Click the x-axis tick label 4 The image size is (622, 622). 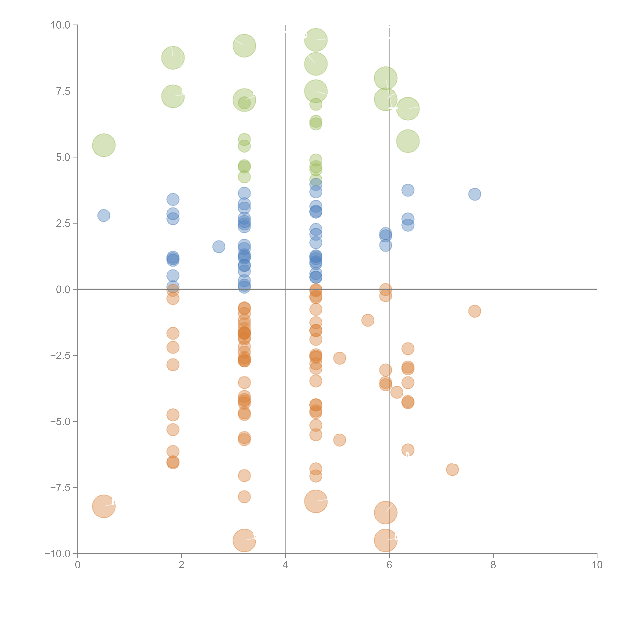285,565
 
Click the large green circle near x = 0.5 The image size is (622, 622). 104,145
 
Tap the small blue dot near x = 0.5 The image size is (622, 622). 104,215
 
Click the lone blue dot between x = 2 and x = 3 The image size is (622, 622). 219,247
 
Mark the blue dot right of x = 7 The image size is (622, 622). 475,194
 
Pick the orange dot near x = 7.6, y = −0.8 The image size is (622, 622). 475,311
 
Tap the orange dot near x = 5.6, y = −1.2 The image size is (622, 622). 368,320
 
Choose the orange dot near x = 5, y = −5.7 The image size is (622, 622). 339,440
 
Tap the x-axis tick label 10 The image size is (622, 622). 597,565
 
